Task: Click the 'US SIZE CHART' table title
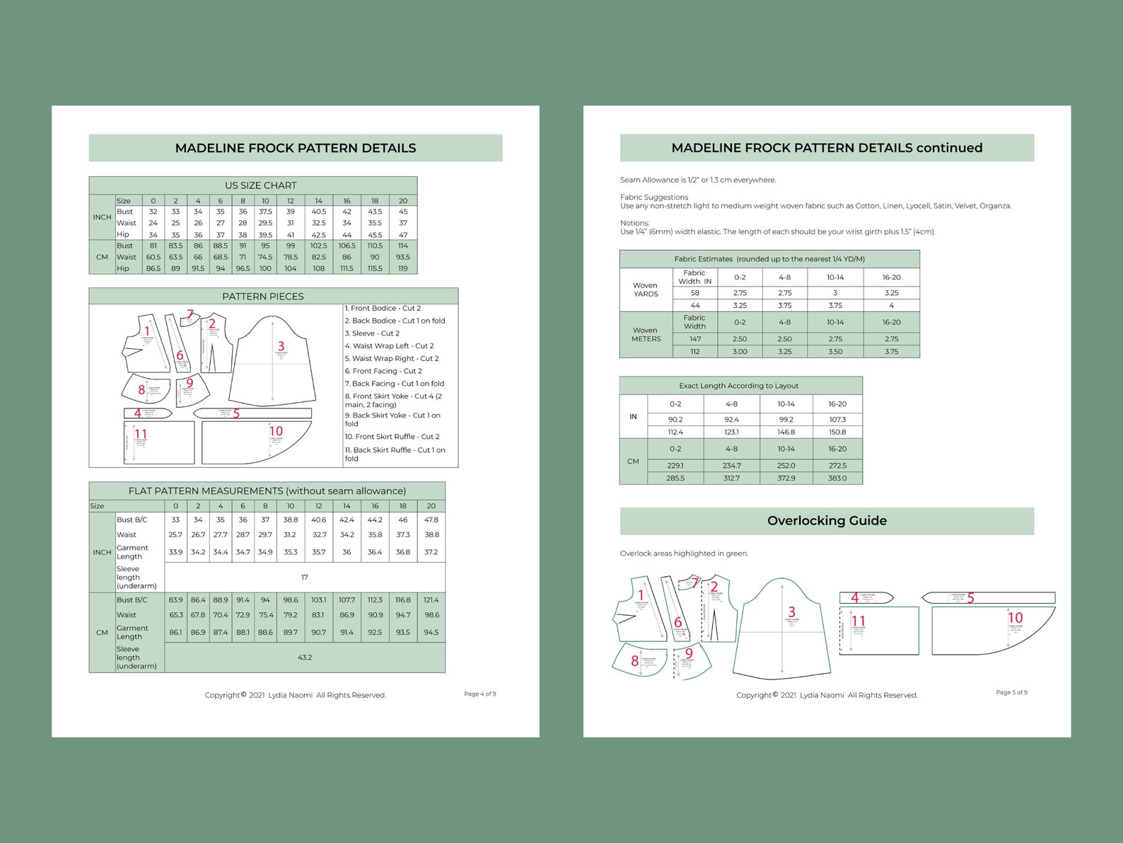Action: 260,185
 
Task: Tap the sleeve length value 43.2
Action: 305,658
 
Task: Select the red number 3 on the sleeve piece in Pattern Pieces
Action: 281,346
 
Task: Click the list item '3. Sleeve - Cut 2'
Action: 372,333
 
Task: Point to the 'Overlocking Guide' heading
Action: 827,521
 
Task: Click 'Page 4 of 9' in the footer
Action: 479,694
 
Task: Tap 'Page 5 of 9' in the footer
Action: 1011,692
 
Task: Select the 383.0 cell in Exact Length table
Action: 837,478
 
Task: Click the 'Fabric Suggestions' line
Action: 654,197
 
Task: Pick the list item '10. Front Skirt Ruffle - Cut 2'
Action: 392,437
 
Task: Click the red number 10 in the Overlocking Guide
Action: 1015,618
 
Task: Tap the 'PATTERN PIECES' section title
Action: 262,297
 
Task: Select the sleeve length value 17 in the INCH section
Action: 305,578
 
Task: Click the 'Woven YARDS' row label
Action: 645,289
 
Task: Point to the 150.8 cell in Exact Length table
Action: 837,432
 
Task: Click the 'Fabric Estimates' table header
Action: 769,259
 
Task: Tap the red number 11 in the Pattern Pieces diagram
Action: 141,434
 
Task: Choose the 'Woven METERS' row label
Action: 646,335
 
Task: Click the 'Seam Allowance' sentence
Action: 697,180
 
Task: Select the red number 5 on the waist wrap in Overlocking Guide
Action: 970,598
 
